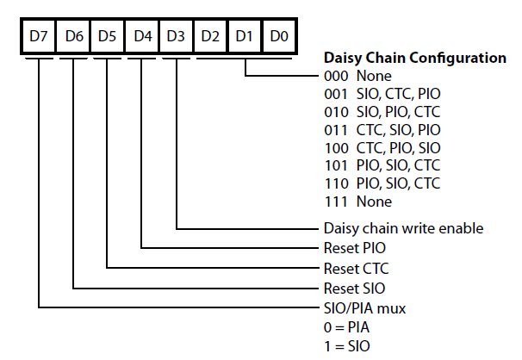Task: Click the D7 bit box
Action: click(39, 36)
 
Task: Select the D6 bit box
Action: click(73, 36)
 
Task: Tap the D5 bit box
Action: click(107, 36)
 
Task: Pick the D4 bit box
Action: click(142, 36)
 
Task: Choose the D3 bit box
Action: click(176, 36)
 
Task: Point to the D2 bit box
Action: click(210, 36)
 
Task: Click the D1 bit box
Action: click(245, 36)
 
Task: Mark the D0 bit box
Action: click(279, 36)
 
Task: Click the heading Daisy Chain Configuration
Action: click(415, 58)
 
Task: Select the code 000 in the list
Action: click(336, 76)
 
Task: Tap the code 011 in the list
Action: click(336, 130)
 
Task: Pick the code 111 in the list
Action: click(336, 202)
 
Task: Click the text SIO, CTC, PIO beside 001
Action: click(399, 94)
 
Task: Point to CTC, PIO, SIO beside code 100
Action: click(399, 148)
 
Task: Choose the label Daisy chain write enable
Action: click(403, 228)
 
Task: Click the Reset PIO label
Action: click(355, 248)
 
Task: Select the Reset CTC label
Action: click(357, 269)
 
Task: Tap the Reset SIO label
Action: click(355, 289)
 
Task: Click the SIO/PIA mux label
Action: click(365, 309)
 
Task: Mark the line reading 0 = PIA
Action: click(346, 327)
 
